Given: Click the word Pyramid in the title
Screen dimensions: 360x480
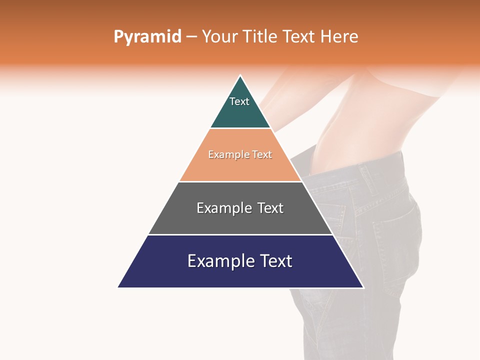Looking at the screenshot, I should [147, 37].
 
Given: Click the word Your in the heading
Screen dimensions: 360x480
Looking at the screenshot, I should [220, 37].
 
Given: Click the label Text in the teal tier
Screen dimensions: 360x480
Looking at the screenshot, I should [239, 101].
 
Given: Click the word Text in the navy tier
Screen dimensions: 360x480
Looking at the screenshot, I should [275, 261].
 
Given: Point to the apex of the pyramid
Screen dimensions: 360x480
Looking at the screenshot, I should [240, 76].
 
